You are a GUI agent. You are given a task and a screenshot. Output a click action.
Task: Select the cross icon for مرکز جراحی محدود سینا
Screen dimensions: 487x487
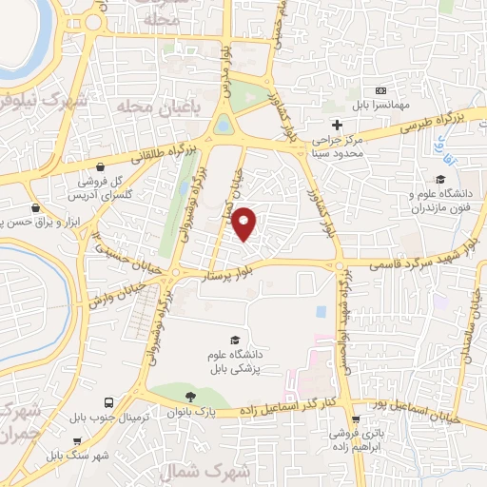coord(337,125)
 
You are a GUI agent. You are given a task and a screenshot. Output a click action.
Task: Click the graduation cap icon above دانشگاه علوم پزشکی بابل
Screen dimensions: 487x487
coord(234,340)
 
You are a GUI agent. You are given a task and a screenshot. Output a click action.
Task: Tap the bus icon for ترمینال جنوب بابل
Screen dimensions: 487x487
coord(109,403)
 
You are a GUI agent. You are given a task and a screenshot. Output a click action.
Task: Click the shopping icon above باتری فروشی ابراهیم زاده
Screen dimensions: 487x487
coord(356,419)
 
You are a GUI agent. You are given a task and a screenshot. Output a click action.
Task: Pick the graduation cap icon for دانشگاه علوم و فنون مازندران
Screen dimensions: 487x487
coord(439,179)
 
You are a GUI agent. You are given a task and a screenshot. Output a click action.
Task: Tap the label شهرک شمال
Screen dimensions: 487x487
coord(244,471)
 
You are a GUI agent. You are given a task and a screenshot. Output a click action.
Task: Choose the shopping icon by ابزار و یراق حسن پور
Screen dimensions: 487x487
coord(35,206)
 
